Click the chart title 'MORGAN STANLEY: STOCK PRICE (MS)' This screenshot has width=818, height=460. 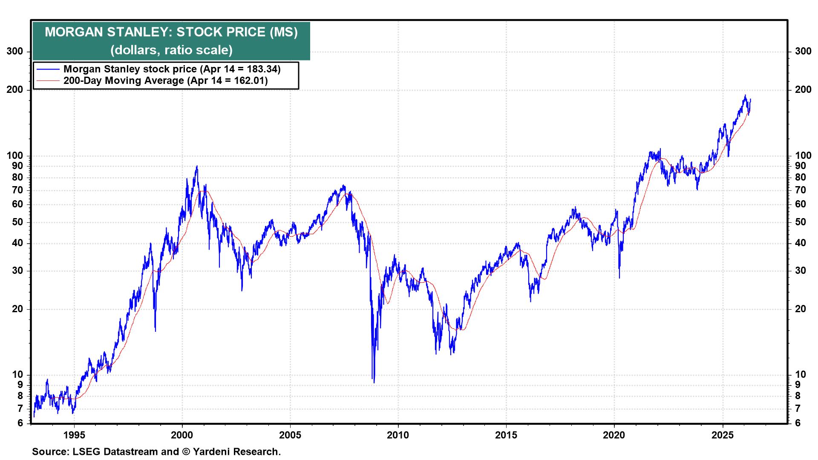click(x=171, y=32)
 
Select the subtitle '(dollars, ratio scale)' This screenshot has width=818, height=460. click(x=171, y=50)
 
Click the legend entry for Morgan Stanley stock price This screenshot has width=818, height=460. click(x=172, y=69)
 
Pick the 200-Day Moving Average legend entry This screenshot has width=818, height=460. click(x=165, y=80)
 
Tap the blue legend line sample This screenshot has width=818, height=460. click(x=48, y=69)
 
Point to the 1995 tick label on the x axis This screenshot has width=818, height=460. click(x=74, y=435)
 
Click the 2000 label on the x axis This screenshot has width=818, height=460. click(x=182, y=435)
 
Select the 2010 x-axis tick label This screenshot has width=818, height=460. click(x=398, y=435)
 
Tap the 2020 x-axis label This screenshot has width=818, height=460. click(x=614, y=435)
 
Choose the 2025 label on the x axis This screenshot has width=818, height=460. click(x=723, y=435)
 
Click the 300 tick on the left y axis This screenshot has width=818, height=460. click(x=15, y=52)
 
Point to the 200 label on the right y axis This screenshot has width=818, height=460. click(x=803, y=90)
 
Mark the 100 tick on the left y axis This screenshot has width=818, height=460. click(x=15, y=156)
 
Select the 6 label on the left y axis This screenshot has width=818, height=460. click(x=20, y=423)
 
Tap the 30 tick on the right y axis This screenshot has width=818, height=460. click(x=801, y=271)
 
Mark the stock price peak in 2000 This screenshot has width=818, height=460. click(x=197, y=166)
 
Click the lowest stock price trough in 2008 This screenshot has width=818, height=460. click(x=374, y=382)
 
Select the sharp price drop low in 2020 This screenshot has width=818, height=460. click(x=619, y=278)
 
